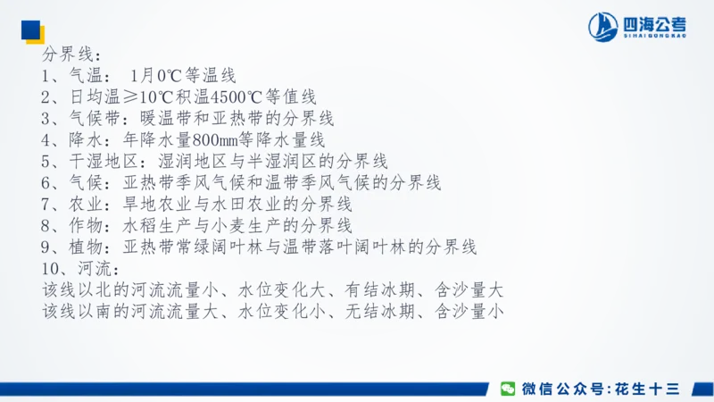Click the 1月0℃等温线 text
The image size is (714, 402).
pyautogui.click(x=183, y=76)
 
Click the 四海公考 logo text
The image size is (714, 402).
pyautogui.click(x=655, y=25)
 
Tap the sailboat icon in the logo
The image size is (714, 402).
pyautogui.click(x=604, y=27)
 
